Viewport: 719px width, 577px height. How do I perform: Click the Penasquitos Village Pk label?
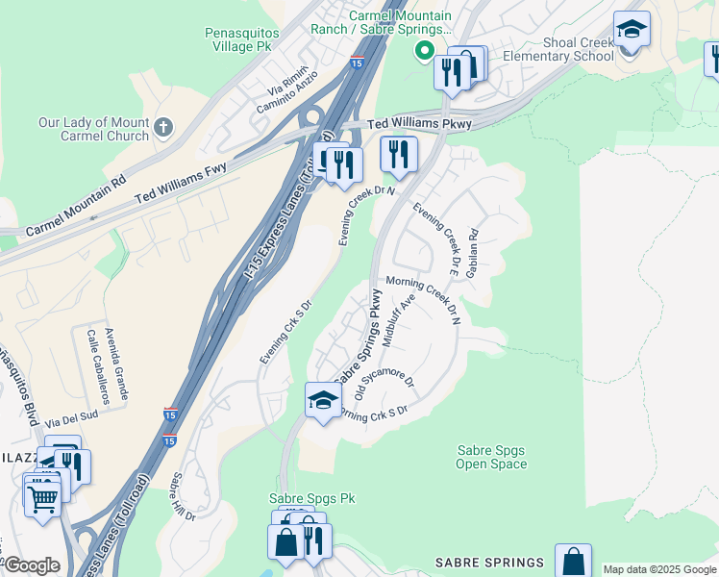click(x=242, y=39)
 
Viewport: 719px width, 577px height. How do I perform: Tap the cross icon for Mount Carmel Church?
click(x=163, y=127)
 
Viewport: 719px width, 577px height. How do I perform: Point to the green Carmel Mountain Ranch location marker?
click(x=421, y=51)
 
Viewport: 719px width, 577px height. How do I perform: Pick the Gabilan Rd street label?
click(x=472, y=253)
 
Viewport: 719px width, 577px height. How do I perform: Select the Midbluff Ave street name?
click(x=398, y=319)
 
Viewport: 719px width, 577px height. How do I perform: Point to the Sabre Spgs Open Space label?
click(x=491, y=457)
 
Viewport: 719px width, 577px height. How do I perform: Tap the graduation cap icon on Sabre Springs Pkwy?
click(x=323, y=399)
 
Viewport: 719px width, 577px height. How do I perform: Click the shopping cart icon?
click(x=42, y=499)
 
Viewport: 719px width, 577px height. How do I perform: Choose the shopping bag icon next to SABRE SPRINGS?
click(x=573, y=562)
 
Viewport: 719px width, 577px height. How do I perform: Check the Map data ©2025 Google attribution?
click(x=659, y=569)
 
